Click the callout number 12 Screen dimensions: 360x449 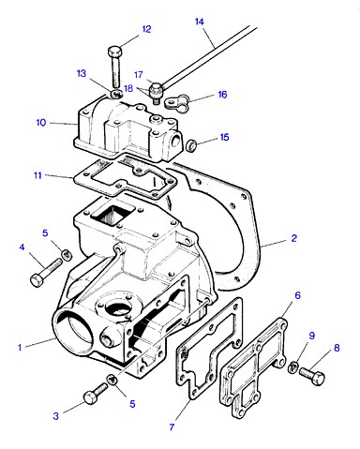(146, 29)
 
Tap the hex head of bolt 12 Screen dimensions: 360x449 (113, 51)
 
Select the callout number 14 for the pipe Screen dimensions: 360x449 (200, 22)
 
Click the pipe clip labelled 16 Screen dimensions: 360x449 (177, 104)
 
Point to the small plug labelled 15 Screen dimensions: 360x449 (191, 145)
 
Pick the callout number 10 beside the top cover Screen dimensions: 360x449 (41, 123)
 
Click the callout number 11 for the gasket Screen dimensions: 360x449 (37, 175)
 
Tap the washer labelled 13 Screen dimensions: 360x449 (117, 93)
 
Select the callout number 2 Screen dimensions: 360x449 (293, 238)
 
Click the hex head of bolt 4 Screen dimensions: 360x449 (37, 279)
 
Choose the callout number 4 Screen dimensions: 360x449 (22, 247)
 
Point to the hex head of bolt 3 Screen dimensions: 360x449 (90, 397)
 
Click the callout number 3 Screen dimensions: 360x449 (55, 416)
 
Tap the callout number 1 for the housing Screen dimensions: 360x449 (20, 347)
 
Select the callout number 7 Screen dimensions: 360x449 (172, 427)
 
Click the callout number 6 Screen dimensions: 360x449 (297, 295)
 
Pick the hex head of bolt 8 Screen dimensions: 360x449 (318, 379)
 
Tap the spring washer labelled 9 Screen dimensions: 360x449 (292, 367)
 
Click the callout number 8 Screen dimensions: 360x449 (337, 348)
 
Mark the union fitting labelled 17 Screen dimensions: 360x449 (155, 89)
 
